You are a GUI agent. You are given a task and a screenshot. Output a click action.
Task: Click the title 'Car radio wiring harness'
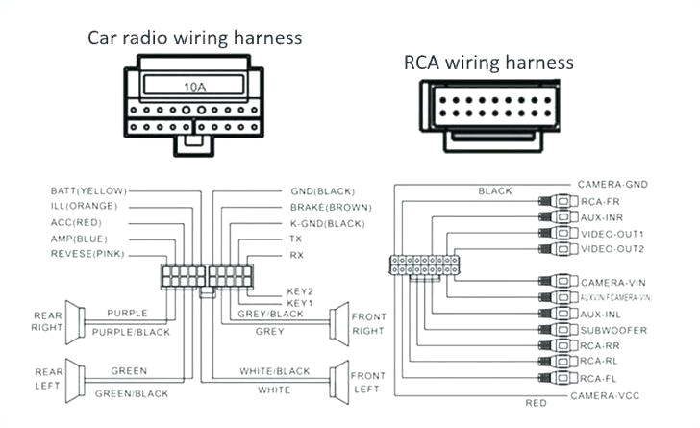pos(195,38)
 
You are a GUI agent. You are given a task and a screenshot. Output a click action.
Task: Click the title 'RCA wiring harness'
pos(488,63)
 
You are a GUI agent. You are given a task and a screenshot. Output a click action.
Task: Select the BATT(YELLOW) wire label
pos(84,191)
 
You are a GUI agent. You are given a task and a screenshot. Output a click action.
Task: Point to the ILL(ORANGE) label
pos(84,207)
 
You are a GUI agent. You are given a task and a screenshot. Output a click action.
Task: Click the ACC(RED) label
pos(76,222)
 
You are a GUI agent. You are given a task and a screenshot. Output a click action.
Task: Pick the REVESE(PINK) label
pos(87,254)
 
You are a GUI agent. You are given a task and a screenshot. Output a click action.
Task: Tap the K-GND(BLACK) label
pos(327,222)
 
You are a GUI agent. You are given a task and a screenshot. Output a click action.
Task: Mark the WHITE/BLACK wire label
pos(274,371)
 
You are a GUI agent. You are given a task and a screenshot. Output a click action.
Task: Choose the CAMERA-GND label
pos(612,184)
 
